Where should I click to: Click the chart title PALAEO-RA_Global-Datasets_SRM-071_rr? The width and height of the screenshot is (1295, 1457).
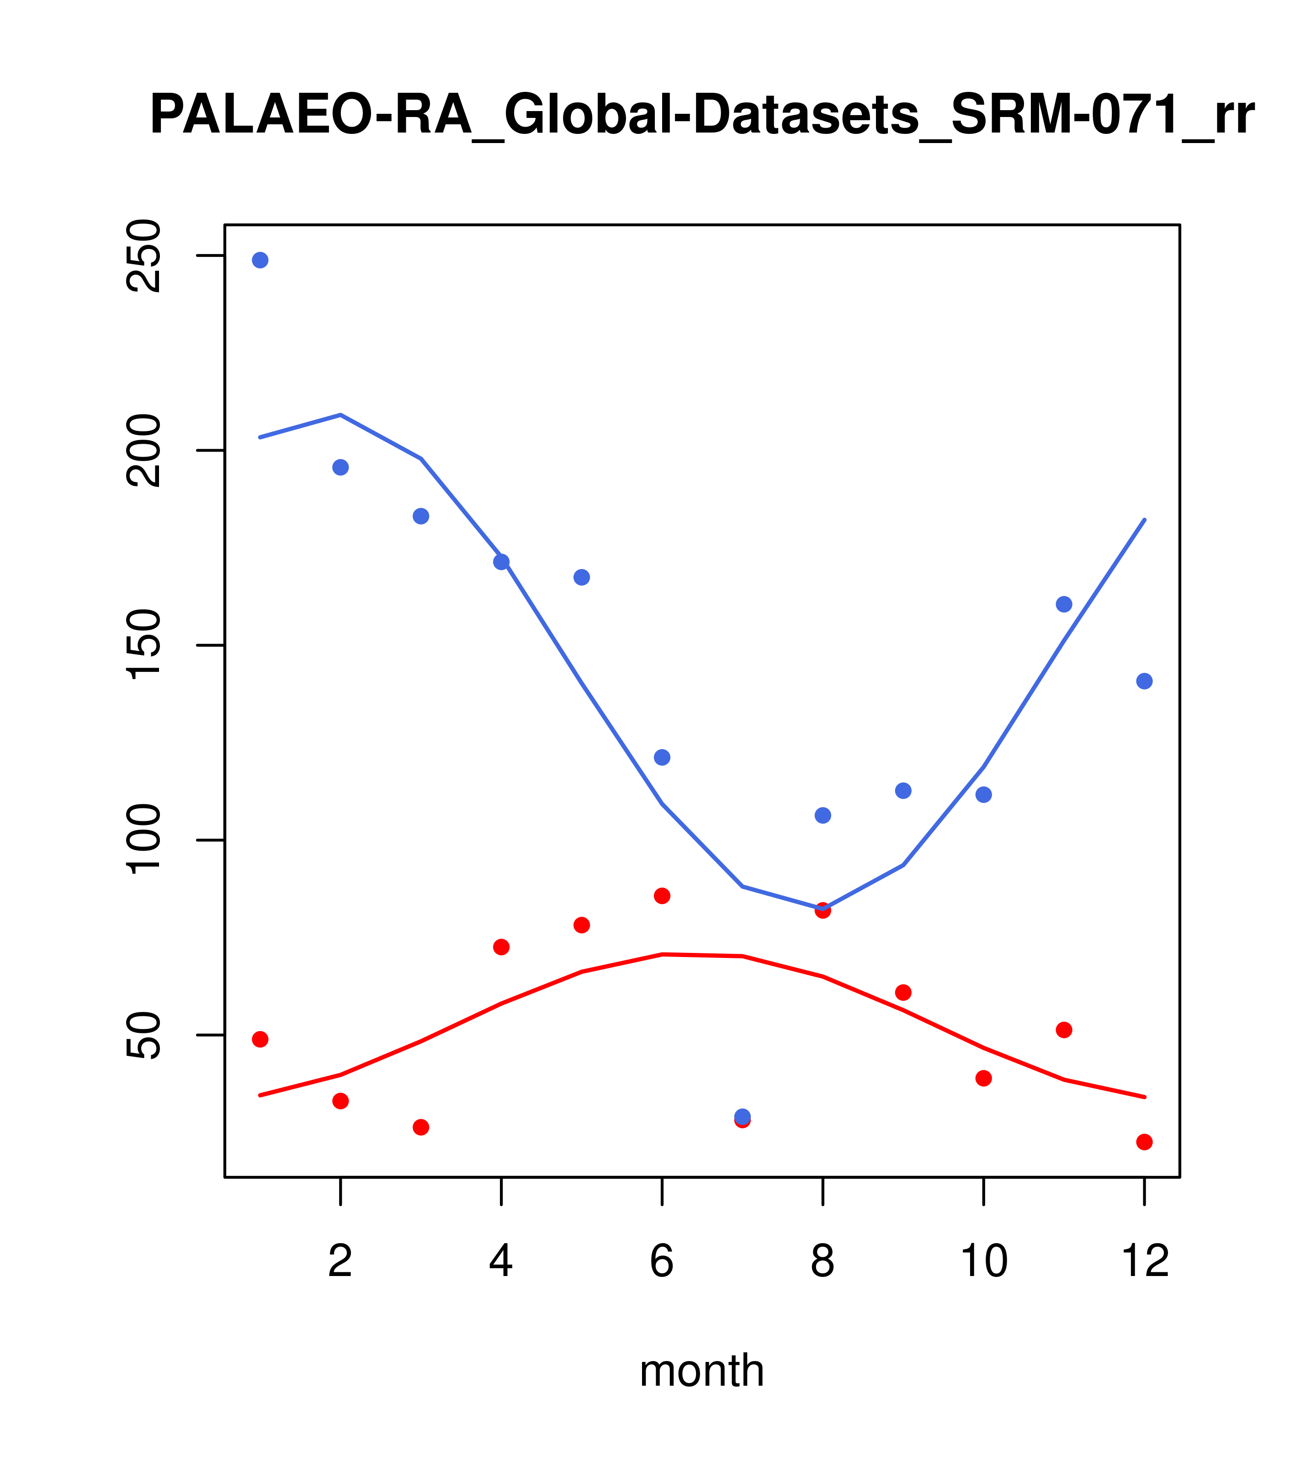701,116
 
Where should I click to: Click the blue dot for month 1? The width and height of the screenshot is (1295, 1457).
260,260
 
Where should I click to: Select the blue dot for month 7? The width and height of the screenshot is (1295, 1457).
743,1116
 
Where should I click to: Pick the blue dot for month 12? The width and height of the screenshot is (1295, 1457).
1145,681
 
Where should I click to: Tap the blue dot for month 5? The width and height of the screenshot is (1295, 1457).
582,577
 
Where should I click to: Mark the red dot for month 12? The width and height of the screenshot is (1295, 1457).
1145,1142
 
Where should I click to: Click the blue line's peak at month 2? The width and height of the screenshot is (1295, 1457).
341,415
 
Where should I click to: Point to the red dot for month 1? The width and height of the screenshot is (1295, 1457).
260,1039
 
